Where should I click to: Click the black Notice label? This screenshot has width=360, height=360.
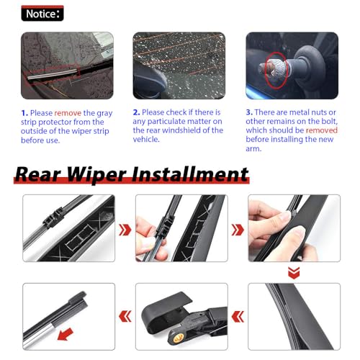pos(42,13)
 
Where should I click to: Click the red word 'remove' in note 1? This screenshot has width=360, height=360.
pos(68,113)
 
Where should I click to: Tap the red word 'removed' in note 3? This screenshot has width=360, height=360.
pos(322,130)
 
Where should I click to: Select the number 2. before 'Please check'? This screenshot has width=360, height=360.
pos(136,112)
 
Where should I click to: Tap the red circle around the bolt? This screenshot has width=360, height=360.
pos(276,71)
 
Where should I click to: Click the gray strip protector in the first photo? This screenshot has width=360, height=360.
pos(53,74)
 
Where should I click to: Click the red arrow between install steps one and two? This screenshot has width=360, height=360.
pos(125,230)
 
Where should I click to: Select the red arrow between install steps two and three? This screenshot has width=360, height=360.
pos(238,230)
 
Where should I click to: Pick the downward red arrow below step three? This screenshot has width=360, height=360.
pos(294,273)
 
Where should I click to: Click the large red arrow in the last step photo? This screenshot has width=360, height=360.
pos(66,334)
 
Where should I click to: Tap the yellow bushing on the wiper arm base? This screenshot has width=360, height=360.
pos(177,338)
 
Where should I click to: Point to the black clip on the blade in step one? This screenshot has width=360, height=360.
pos(53,217)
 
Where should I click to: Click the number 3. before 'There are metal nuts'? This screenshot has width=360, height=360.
pos(249,112)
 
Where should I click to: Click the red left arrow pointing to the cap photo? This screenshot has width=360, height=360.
pos(238,316)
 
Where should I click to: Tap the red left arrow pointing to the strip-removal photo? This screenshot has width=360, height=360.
pos(125,316)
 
